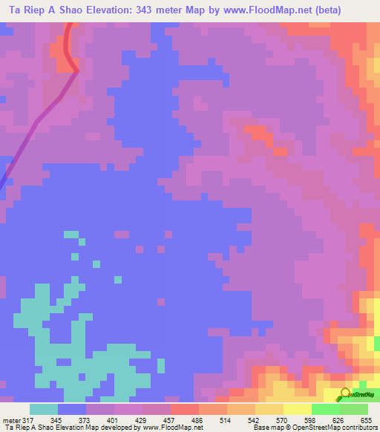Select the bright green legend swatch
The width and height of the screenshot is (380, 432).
(325, 409)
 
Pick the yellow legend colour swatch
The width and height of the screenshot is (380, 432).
(297, 409)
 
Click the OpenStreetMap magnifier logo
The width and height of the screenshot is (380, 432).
(345, 395)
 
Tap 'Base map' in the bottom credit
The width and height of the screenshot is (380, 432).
(268, 428)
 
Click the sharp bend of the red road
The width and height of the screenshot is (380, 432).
(76, 71)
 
